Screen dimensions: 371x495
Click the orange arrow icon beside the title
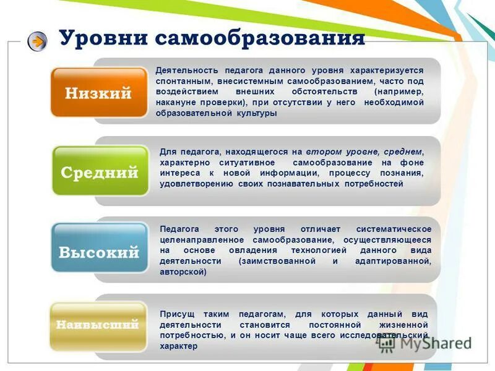click(x=37, y=41)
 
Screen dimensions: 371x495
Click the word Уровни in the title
click(x=103, y=38)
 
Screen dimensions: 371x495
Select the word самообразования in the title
click(x=259, y=38)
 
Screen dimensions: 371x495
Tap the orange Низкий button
click(x=99, y=93)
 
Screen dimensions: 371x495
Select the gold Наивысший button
click(x=98, y=324)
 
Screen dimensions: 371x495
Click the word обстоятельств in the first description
click(x=320, y=92)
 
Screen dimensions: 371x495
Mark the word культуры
click(x=256, y=113)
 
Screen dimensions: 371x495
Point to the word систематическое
click(x=394, y=229)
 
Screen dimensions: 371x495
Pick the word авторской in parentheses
click(x=183, y=272)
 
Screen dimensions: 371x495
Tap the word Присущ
click(x=174, y=313)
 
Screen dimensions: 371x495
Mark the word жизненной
click(x=405, y=324)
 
